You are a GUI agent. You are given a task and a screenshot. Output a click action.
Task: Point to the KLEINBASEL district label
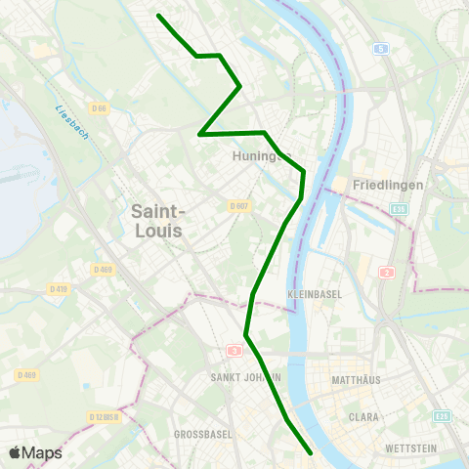tap(313, 293)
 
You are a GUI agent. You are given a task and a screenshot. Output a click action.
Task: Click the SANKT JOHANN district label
tap(246, 377)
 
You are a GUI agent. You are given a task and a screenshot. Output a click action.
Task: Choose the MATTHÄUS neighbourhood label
tap(356, 379)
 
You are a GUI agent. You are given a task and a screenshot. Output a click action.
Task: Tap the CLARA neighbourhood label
tap(363, 416)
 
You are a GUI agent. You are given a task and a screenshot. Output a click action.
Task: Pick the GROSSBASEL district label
tap(199, 433)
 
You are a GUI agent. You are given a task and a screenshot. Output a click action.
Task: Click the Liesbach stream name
tap(72, 122)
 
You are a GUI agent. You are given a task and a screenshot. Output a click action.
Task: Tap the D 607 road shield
tap(239, 206)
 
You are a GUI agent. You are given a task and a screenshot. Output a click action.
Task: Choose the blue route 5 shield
tap(380, 48)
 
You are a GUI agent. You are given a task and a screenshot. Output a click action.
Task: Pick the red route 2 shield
tap(387, 273)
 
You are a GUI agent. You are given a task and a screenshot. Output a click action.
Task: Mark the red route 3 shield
tap(234, 350)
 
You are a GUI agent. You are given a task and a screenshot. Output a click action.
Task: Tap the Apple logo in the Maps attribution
tap(15, 453)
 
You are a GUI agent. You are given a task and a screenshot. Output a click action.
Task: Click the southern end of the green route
tap(311, 453)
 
